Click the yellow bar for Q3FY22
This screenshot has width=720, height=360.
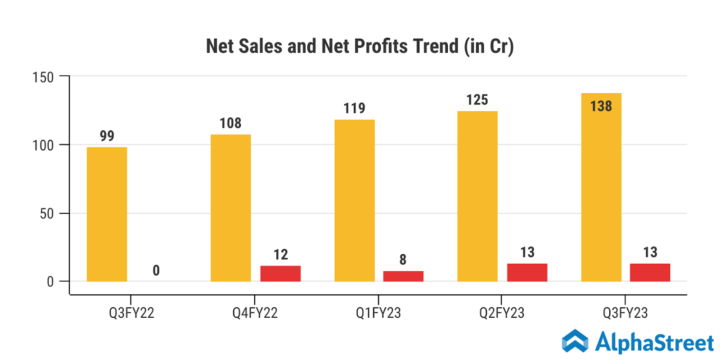[107, 214]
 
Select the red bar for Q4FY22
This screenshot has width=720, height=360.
[280, 274]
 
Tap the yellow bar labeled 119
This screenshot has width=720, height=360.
[354, 201]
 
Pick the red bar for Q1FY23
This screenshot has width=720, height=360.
[403, 276]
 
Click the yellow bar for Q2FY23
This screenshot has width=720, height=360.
[477, 196]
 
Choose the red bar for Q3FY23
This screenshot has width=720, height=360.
[650, 273]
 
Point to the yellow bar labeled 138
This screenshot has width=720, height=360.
[601, 187]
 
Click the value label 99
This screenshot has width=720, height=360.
[107, 135]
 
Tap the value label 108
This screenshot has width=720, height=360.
[230, 123]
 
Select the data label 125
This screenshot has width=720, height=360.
[477, 99]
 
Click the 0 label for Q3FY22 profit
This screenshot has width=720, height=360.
[156, 270]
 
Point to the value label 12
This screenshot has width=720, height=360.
[281, 255]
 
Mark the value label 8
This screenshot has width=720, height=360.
[403, 260]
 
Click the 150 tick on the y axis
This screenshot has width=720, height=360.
[43, 77]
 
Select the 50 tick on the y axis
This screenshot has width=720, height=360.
[47, 214]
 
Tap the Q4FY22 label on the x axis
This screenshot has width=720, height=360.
[255, 313]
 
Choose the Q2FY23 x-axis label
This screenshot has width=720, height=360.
[502, 313]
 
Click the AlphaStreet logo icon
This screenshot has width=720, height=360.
[575, 341]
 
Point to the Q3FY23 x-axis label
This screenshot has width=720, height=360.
[625, 313]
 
